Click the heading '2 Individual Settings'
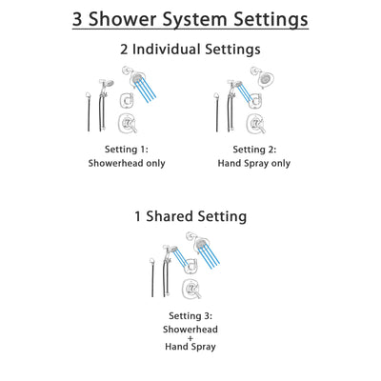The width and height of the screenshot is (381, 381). (190, 49)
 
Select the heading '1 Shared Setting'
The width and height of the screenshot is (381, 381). (190, 216)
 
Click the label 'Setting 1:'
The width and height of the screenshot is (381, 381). (127, 150)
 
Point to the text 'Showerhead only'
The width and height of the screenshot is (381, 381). (127, 163)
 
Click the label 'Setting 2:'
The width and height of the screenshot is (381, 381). (254, 150)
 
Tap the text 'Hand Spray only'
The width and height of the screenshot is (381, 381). (254, 163)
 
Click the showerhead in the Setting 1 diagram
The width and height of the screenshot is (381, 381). (130, 75)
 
